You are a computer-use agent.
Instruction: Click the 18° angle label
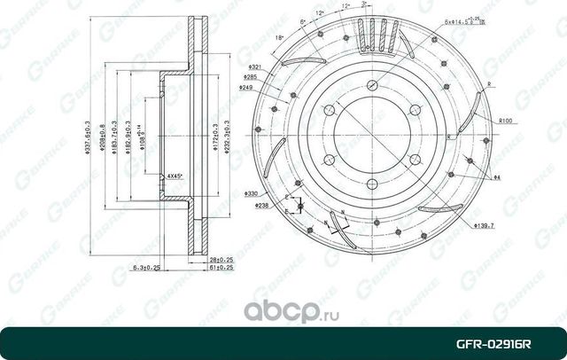pyautogui.click(x=281, y=39)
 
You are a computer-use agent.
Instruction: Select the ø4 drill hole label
pyautogui.click(x=498, y=179)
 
